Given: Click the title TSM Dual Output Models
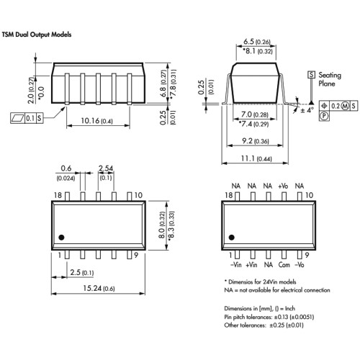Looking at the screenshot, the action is (37, 35).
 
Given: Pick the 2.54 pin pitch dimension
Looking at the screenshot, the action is (106, 168).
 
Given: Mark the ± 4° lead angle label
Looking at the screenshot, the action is (307, 110).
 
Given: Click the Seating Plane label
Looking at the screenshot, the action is (330, 79).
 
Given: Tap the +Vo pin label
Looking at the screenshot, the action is (283, 186).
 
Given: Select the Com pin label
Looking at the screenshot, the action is (284, 265).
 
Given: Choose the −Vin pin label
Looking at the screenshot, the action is (236, 265).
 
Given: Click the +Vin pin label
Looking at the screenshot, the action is (251, 265).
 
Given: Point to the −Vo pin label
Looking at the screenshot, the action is (300, 265).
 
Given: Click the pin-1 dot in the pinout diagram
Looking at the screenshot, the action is (231, 238).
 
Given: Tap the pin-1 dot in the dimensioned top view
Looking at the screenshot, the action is (61, 238).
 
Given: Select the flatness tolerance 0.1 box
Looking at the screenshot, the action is (30, 118).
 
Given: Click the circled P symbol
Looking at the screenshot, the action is (324, 116).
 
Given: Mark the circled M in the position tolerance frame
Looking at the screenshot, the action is (345, 106).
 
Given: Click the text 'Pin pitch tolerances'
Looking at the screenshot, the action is (246, 317).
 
